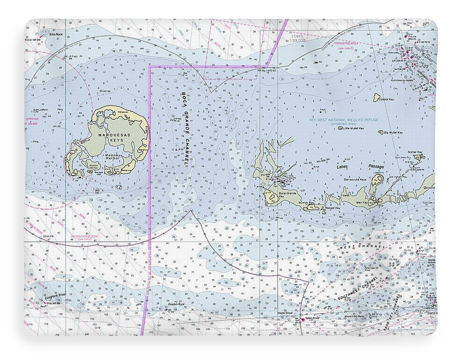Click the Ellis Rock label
click(x=55, y=34)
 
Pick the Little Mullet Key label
click(x=354, y=128)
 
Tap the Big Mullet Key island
click(x=381, y=132)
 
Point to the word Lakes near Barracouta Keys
click(x=342, y=167)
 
